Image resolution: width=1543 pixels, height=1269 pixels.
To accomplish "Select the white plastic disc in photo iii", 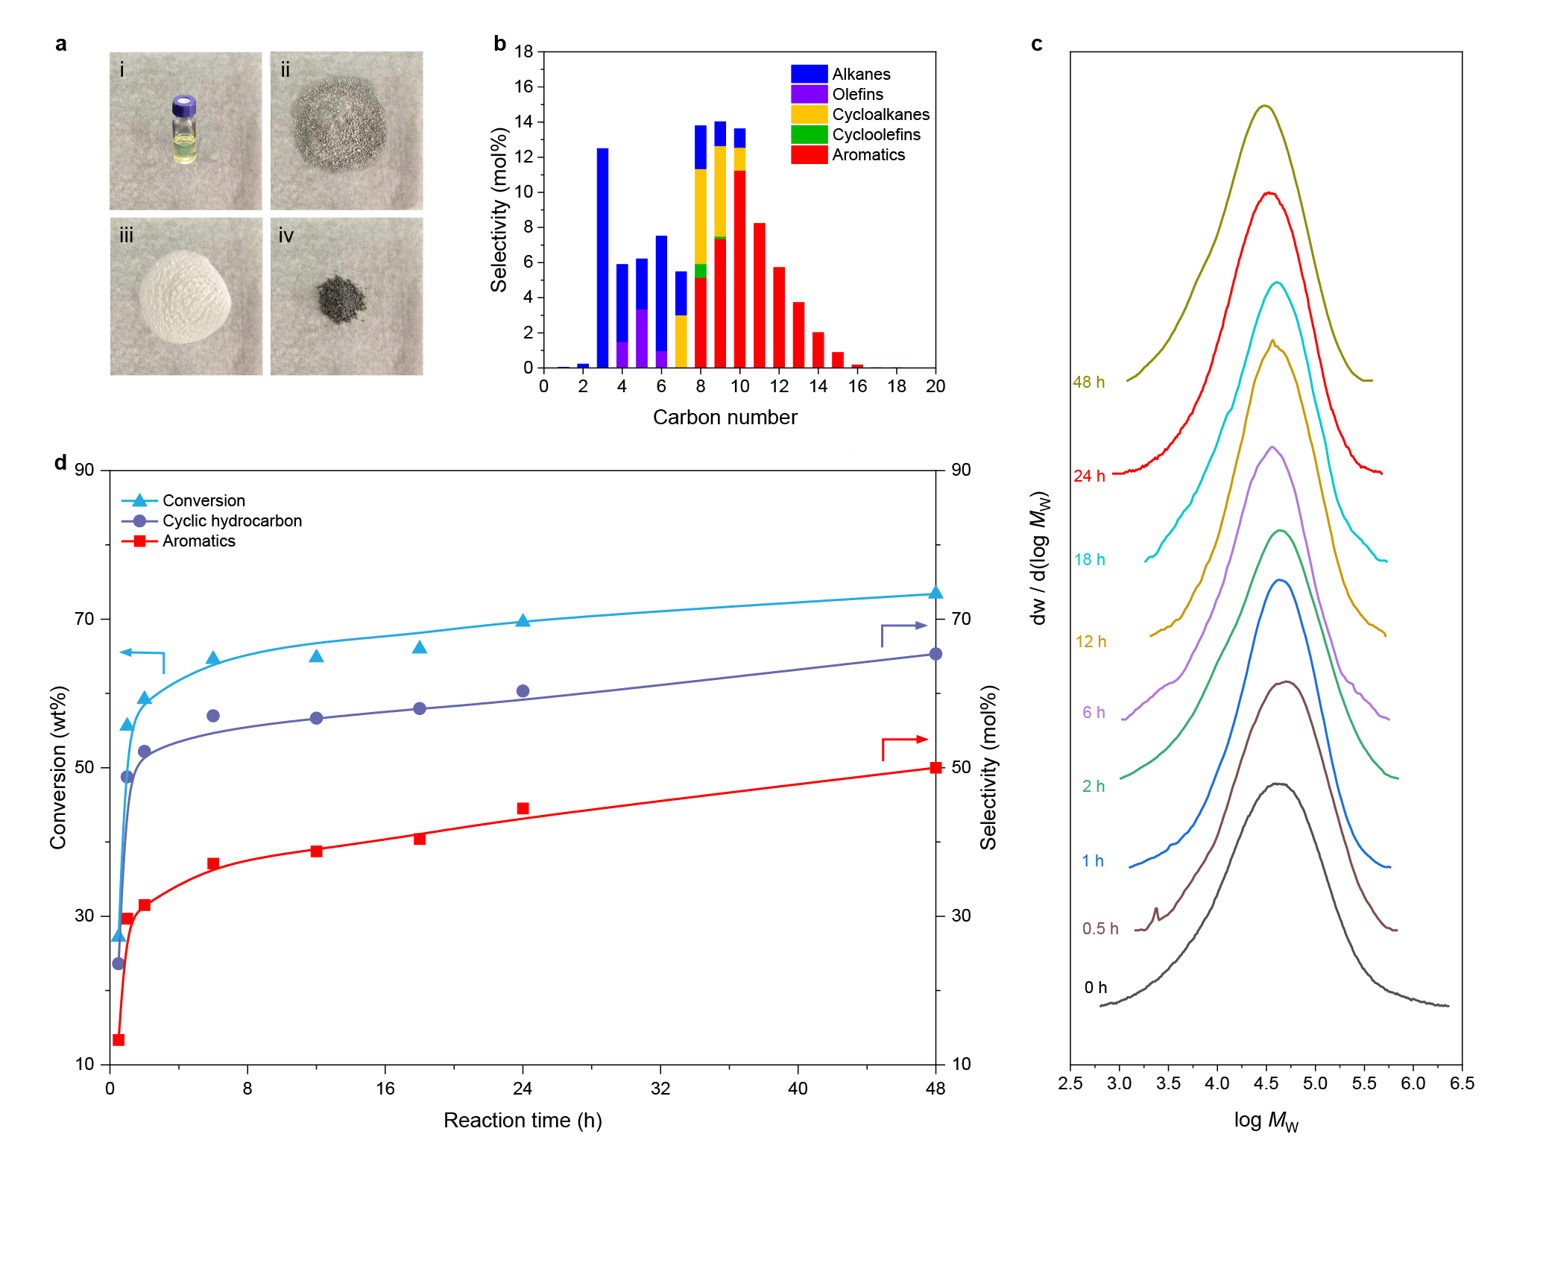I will click(x=185, y=297).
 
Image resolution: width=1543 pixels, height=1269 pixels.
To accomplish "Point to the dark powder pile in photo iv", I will click(x=341, y=299).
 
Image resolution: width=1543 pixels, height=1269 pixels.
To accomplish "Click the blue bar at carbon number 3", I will click(x=602, y=257).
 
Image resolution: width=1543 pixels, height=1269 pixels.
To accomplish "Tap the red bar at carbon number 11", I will click(x=760, y=295).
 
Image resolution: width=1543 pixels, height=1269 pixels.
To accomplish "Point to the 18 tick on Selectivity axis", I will click(x=524, y=52).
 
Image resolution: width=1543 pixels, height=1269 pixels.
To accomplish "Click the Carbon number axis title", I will click(x=725, y=418).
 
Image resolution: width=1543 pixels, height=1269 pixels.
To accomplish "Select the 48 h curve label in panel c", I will click(x=1088, y=382).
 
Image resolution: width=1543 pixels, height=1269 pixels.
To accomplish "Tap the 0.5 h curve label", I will click(x=1100, y=929).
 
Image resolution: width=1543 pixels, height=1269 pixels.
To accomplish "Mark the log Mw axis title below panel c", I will click(x=1266, y=1121).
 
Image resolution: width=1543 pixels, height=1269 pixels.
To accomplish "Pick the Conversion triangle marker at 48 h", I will click(x=935, y=593).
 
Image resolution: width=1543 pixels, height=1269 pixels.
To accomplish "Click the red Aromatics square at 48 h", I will click(x=935, y=768).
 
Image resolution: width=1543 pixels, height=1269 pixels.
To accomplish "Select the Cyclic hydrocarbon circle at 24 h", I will click(x=523, y=691).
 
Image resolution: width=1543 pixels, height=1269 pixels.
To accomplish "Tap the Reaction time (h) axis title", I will click(x=523, y=1121).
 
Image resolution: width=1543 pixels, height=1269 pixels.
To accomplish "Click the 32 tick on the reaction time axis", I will click(x=660, y=1089).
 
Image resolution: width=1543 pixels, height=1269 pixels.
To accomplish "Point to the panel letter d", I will click(x=60, y=463).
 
